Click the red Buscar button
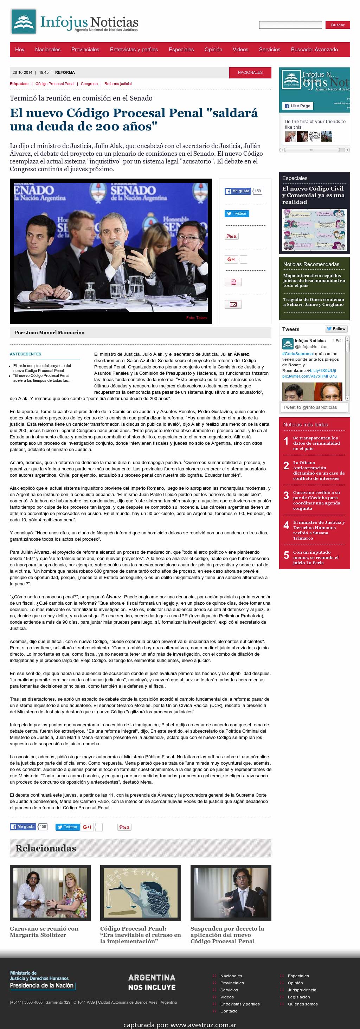click(x=337, y=25)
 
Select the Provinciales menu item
click(x=85, y=50)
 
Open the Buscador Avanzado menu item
click(x=314, y=50)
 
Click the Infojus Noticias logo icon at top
click(x=24, y=21)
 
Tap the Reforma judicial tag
click(x=118, y=84)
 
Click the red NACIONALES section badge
click(x=250, y=72)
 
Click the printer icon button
click(x=233, y=282)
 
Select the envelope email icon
click(x=233, y=304)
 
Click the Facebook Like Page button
click(x=298, y=106)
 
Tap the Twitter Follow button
click(x=336, y=329)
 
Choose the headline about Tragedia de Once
click(x=314, y=302)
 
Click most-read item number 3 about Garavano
click(x=316, y=500)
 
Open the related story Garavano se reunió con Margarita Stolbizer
click(x=44, y=932)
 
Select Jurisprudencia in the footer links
click(x=302, y=990)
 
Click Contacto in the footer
click(x=229, y=1011)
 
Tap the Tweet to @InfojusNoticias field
click(x=313, y=407)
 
